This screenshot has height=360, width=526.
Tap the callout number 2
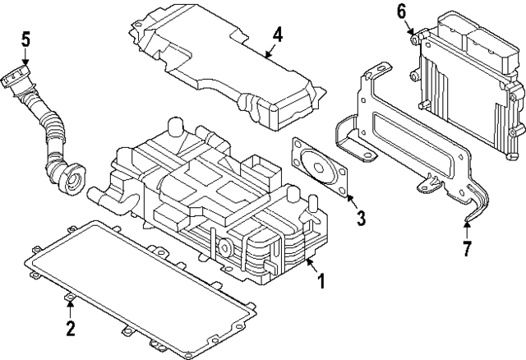71,329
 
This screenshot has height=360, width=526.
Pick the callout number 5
25,38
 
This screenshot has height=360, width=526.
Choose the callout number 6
401,11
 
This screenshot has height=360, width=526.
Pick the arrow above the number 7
467,226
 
